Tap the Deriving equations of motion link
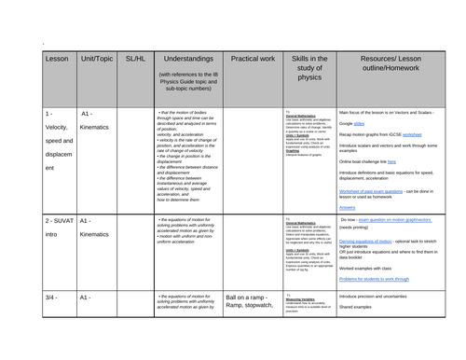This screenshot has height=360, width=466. tap(367, 241)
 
